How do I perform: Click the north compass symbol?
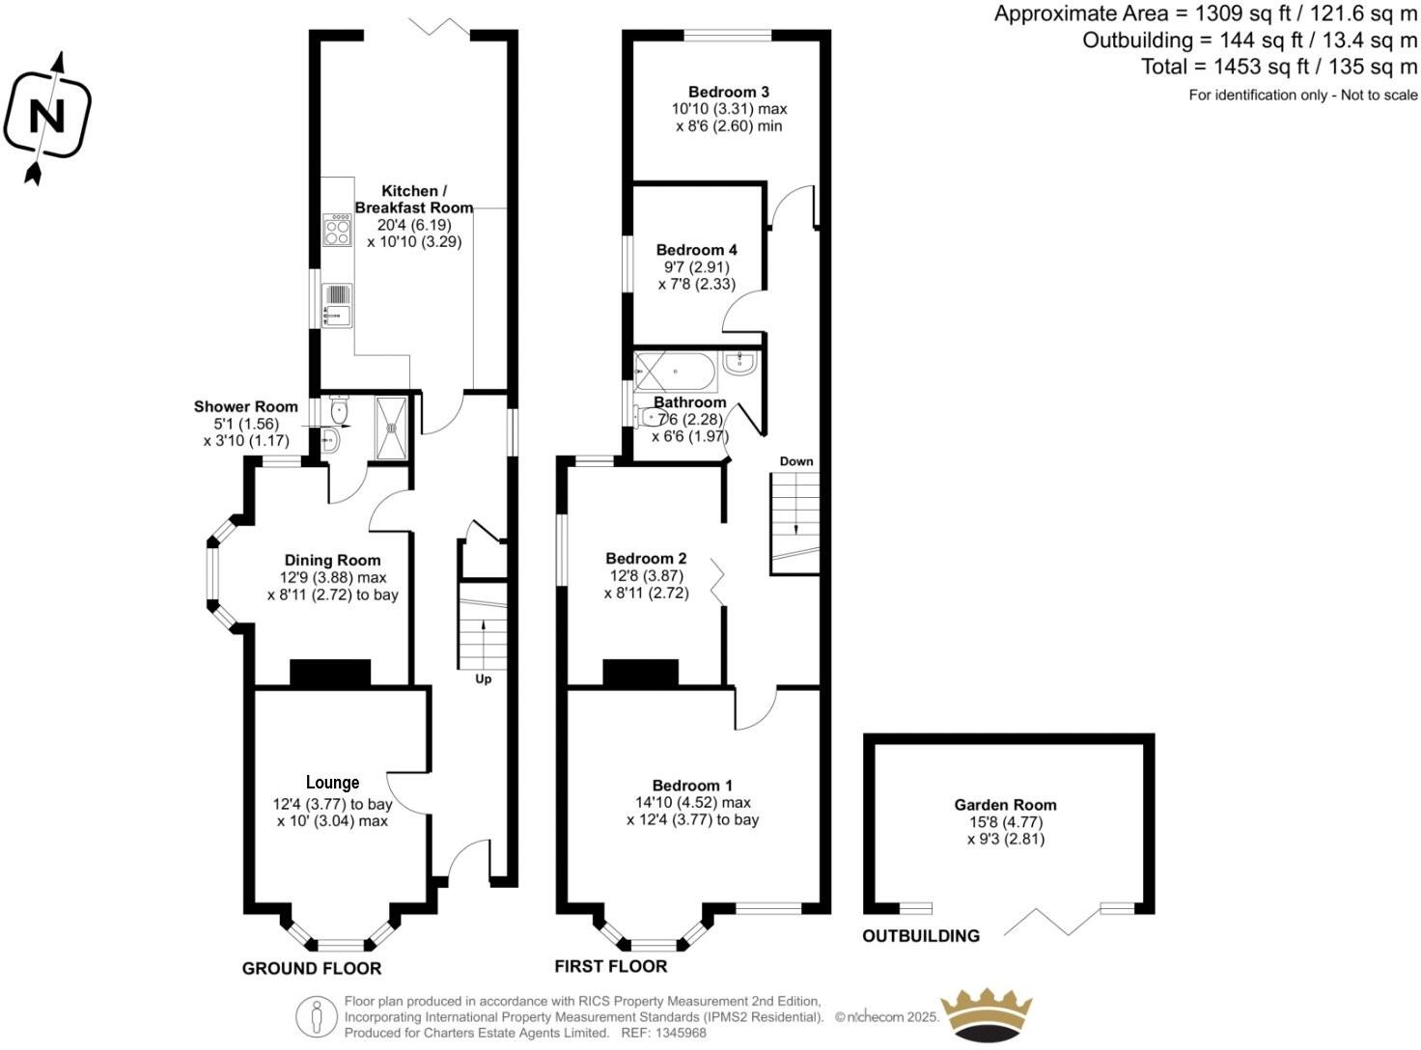[46, 118]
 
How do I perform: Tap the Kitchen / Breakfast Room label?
[414, 199]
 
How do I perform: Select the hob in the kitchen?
[337, 230]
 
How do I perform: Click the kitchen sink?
[337, 303]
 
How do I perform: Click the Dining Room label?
[332, 560]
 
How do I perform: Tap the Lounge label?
[332, 783]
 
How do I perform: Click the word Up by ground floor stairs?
[484, 679]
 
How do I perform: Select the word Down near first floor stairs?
[796, 461]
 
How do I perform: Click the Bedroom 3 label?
[729, 92]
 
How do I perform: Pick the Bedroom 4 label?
[696, 250]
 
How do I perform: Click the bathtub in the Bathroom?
[675, 371]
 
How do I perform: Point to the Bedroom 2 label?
[646, 559]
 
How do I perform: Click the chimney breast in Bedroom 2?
[640, 673]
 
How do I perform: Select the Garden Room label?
[1005, 805]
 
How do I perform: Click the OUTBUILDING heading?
[921, 936]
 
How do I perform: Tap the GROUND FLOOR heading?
[312, 968]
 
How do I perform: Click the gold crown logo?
[987, 1015]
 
